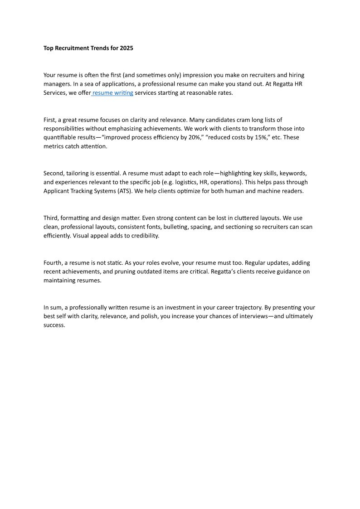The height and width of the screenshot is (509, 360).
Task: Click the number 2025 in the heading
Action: click(x=126, y=48)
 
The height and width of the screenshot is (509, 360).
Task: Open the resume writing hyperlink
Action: click(x=113, y=93)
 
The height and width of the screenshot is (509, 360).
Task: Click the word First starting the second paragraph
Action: click(x=50, y=120)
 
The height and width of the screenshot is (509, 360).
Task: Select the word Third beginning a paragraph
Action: click(x=51, y=218)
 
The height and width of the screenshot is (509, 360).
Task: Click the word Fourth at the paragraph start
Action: click(x=53, y=263)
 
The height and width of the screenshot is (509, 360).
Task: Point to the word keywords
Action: click(x=293, y=173)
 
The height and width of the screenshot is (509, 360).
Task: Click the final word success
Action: click(x=54, y=325)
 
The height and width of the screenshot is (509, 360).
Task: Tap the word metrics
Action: click(x=54, y=146)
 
